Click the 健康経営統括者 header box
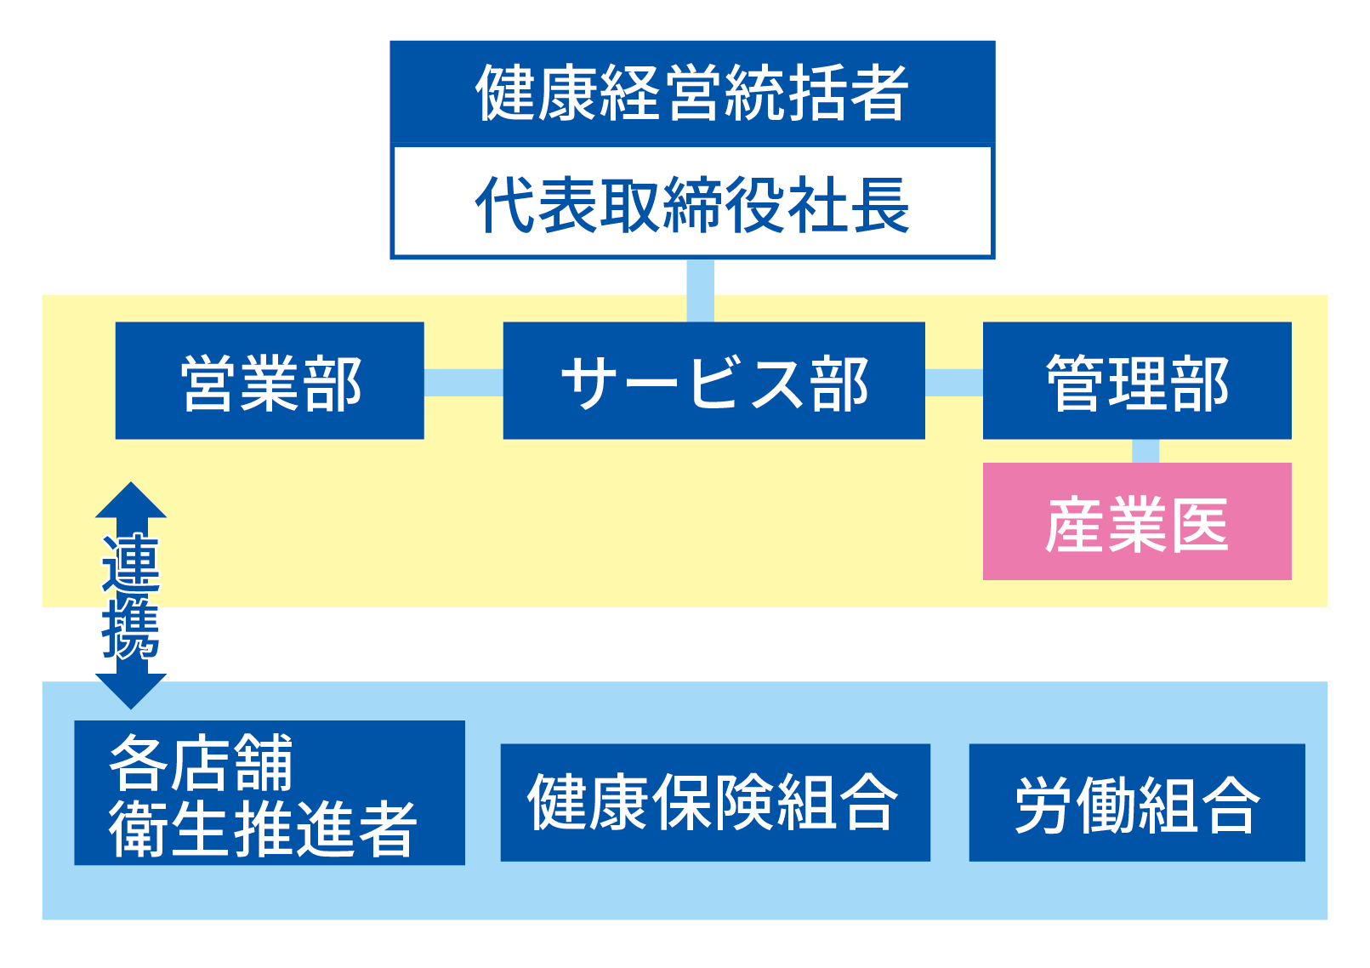click(x=692, y=93)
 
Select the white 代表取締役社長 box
click(x=692, y=202)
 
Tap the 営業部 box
click(x=270, y=380)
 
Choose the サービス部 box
click(x=713, y=380)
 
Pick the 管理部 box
click(x=1137, y=380)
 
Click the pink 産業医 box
click(x=1137, y=521)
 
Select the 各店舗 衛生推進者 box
click(x=270, y=793)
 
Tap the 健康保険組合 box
click(x=715, y=803)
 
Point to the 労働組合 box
click(x=1137, y=803)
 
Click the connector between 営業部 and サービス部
click(x=463, y=383)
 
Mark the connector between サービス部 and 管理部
click(x=954, y=383)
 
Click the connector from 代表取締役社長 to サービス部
click(x=700, y=291)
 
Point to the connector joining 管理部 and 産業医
click(x=1145, y=451)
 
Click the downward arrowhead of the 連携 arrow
click(x=131, y=692)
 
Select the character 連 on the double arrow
click(x=131, y=563)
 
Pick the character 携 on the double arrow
click(x=131, y=630)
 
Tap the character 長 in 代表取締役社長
click(x=881, y=205)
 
